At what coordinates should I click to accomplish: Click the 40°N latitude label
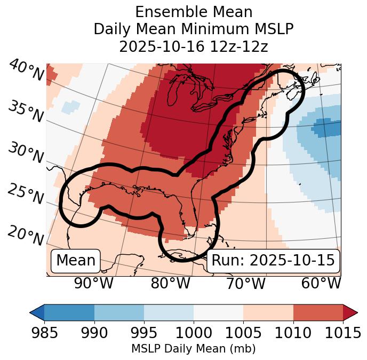click(x=26, y=71)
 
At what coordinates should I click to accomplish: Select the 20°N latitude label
click(x=26, y=236)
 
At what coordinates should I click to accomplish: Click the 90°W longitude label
click(x=93, y=284)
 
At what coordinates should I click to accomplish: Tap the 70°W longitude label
click(x=245, y=284)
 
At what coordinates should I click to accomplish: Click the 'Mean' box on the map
click(x=76, y=261)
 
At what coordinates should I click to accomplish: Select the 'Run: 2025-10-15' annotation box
click(x=273, y=261)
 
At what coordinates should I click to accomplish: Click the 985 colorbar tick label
click(x=44, y=333)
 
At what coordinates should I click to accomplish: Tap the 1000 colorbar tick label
click(x=194, y=333)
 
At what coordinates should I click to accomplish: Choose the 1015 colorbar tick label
click(x=342, y=333)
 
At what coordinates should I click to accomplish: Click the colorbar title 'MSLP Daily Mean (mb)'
click(x=193, y=349)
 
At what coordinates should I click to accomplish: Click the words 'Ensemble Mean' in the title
click(x=193, y=12)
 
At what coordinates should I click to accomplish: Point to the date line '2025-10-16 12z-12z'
click(x=193, y=46)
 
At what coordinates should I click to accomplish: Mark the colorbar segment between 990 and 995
click(x=119, y=312)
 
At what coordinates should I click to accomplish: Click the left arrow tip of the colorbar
click(x=31, y=312)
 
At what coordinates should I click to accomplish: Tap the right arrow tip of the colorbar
click(x=356, y=312)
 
